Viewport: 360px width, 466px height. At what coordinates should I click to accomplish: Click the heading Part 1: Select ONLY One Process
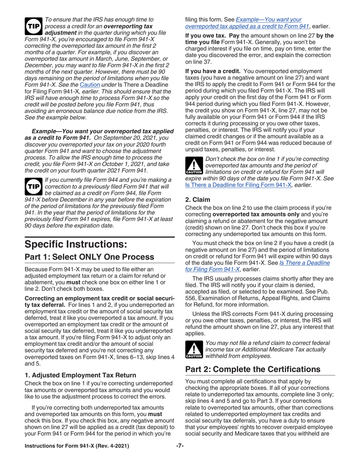point(89,256)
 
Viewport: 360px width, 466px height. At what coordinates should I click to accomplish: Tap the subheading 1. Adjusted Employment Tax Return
point(80,375)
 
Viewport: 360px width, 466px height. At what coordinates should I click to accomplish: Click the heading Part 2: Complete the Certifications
point(252,369)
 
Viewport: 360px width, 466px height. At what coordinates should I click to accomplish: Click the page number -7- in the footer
point(180,446)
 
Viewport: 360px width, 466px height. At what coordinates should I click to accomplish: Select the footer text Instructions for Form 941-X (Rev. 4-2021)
point(77,446)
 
